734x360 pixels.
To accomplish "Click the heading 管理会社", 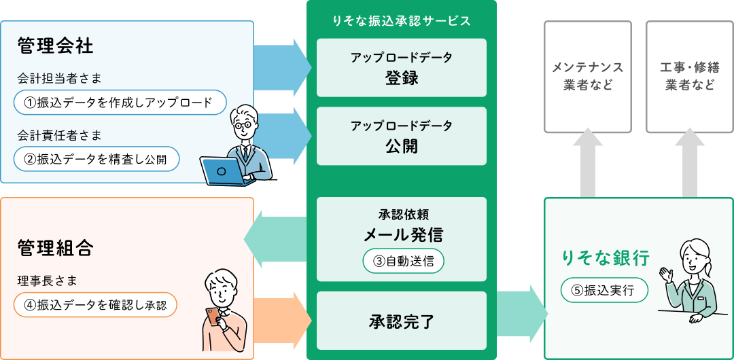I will (x=56, y=47).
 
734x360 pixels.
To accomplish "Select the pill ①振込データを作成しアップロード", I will (x=119, y=103).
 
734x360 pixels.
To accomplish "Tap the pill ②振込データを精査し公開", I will (x=96, y=159).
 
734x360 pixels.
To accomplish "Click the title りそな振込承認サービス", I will (x=402, y=20).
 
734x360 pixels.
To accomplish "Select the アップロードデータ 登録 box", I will (x=402, y=67).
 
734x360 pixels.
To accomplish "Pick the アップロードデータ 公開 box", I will (x=402, y=136).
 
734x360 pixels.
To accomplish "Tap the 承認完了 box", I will (x=402, y=321).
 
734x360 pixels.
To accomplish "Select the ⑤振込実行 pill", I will (x=604, y=290).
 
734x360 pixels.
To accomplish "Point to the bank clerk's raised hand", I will (x=665, y=274).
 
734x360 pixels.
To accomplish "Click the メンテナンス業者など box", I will (x=588, y=76).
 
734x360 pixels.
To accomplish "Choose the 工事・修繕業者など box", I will (x=689, y=76).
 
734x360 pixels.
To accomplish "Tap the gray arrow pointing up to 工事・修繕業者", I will (x=690, y=163).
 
